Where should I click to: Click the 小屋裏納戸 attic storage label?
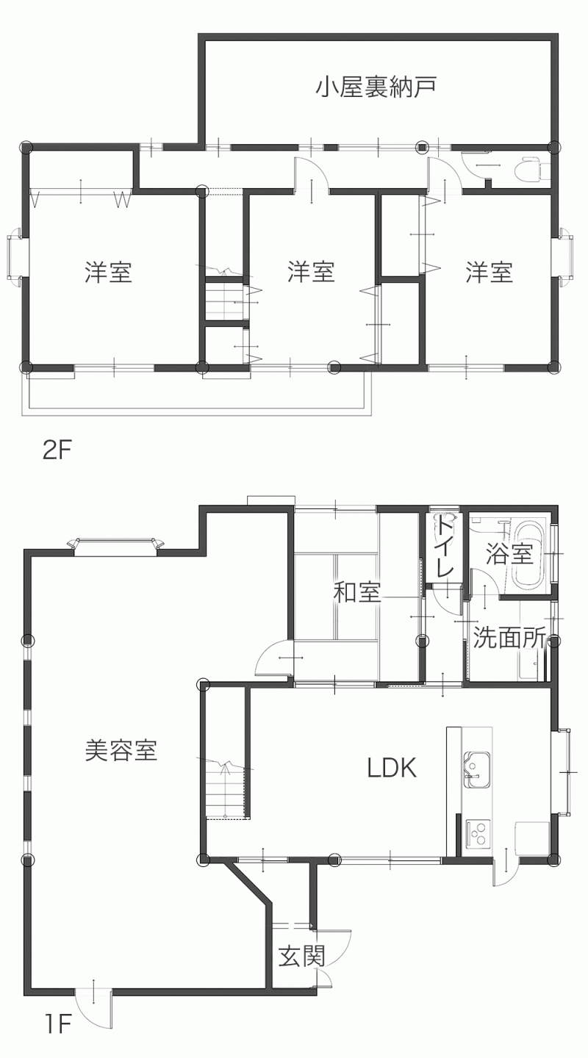tap(376, 87)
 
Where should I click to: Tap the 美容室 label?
tap(121, 750)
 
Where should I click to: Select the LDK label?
tap(392, 768)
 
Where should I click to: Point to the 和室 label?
tap(357, 592)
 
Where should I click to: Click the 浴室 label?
tap(509, 554)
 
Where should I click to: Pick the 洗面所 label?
tap(509, 638)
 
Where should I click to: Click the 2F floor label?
tap(57, 452)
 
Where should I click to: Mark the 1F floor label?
tap(57, 1037)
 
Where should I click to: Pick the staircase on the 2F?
tap(224, 300)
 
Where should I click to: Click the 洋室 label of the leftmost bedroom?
tap(109, 272)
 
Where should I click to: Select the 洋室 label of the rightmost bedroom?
tap(490, 272)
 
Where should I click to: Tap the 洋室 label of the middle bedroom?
tap(312, 272)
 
